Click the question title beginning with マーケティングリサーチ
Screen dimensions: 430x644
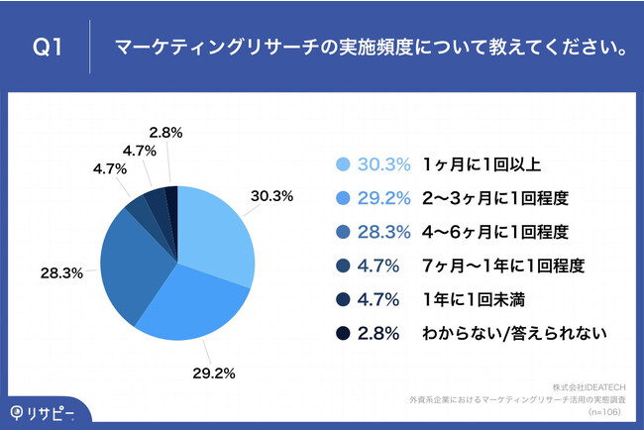point(362,48)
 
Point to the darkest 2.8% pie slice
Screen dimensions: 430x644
point(171,202)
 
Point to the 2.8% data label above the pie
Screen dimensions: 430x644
point(164,132)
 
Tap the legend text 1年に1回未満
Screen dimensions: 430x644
point(474,299)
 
